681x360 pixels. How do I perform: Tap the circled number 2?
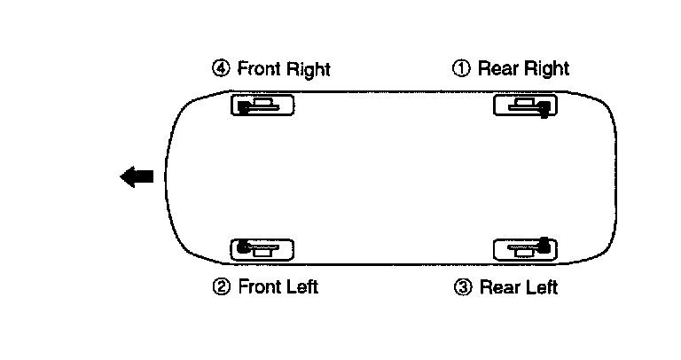click(x=220, y=286)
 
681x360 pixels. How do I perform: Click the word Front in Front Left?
click(x=258, y=286)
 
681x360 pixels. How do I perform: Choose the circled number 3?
click(x=461, y=286)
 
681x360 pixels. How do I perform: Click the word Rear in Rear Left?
click(x=497, y=286)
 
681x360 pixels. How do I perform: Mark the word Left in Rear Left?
click(x=539, y=286)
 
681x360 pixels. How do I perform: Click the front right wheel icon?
click(x=262, y=106)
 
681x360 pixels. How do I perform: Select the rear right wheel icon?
click(x=525, y=106)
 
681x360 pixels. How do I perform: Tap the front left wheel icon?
click(x=262, y=249)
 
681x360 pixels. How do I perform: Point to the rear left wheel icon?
click(x=525, y=249)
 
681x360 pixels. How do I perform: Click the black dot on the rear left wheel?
click(x=544, y=242)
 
